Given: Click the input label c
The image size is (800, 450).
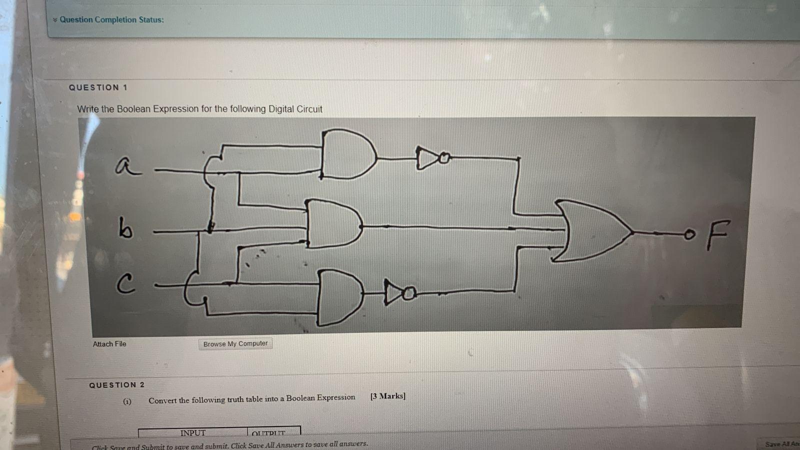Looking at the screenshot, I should [125, 285].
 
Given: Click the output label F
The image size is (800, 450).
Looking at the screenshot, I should [718, 234].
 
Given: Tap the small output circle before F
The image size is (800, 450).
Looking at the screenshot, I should [690, 234].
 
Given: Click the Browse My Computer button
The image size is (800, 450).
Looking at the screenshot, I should [235, 344].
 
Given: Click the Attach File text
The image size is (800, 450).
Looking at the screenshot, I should [109, 344].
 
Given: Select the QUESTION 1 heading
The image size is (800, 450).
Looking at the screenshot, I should [98, 87].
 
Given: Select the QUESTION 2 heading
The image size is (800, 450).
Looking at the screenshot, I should [116, 385].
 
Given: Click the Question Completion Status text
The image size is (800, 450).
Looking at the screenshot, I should [111, 20].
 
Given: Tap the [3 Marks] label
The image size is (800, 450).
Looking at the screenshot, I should [388, 396].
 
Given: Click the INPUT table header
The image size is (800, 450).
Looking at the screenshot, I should [193, 432].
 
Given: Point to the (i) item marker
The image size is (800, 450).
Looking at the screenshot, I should [127, 401].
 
